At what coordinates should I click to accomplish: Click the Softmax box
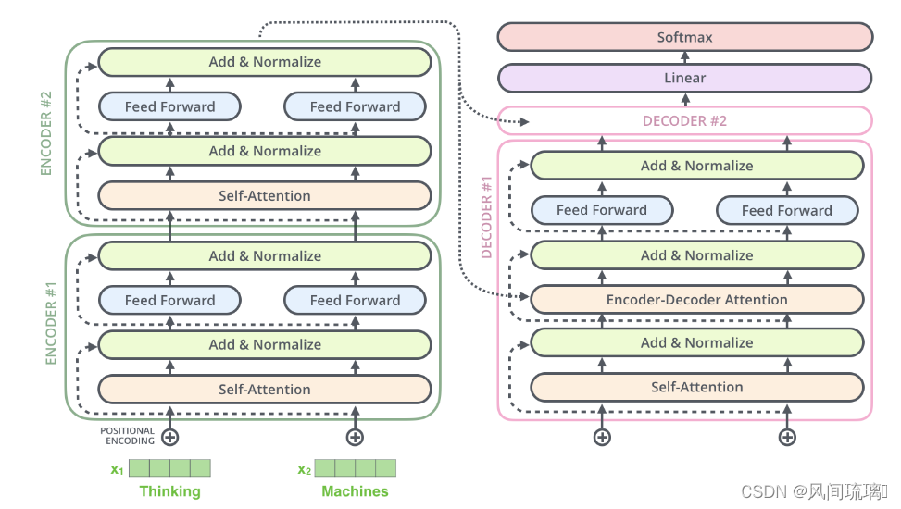pyautogui.click(x=685, y=37)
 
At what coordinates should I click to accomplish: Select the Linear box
pyautogui.click(x=685, y=78)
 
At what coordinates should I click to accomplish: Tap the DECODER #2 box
pyautogui.click(x=685, y=120)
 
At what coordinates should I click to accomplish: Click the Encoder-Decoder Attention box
pyautogui.click(x=697, y=299)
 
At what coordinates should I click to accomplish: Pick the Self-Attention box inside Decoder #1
pyautogui.click(x=697, y=387)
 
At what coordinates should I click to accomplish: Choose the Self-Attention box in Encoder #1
pyautogui.click(x=265, y=390)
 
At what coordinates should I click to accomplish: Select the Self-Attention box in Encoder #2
pyautogui.click(x=265, y=196)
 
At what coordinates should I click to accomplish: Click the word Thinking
pyautogui.click(x=170, y=491)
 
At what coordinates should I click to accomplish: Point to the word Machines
pyautogui.click(x=355, y=491)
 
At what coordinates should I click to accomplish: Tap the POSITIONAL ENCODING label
pyautogui.click(x=128, y=436)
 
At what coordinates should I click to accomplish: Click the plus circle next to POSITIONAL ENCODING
pyautogui.click(x=169, y=437)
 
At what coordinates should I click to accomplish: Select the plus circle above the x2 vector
pyautogui.click(x=355, y=437)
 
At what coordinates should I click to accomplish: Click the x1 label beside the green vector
pyautogui.click(x=118, y=470)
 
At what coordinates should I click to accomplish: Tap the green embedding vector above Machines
pyautogui.click(x=355, y=468)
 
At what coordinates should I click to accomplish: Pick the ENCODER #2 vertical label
pyautogui.click(x=46, y=133)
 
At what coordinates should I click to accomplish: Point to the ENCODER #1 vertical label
pyautogui.click(x=51, y=323)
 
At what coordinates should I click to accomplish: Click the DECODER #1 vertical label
pyautogui.click(x=487, y=217)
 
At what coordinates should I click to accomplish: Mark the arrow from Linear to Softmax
pyautogui.click(x=685, y=57)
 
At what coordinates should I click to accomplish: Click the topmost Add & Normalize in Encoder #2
pyautogui.click(x=265, y=62)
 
